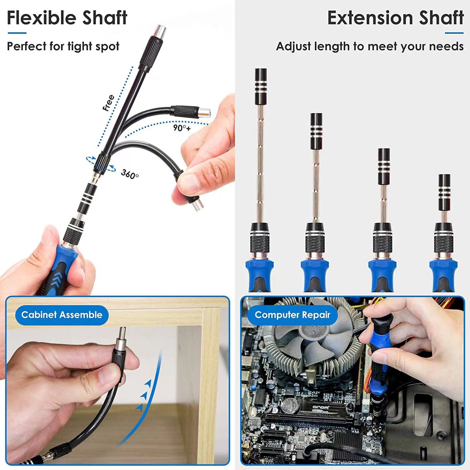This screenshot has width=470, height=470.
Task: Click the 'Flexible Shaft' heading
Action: (x=67, y=18)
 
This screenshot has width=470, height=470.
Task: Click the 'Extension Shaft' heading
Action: (x=395, y=18)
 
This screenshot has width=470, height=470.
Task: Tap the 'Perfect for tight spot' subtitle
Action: (x=63, y=47)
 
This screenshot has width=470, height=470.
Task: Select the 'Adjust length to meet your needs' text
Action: (x=369, y=47)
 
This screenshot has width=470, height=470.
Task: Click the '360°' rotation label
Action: (x=130, y=174)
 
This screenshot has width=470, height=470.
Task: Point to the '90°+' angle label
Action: (x=182, y=128)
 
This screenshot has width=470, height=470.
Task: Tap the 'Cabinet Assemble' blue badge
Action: (x=62, y=315)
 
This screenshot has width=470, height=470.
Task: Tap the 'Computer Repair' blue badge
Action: (x=292, y=315)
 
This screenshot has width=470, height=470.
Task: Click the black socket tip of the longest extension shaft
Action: (x=261, y=86)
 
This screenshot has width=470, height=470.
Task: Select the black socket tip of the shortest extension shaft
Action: (x=444, y=192)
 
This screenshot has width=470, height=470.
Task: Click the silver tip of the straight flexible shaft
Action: (x=160, y=31)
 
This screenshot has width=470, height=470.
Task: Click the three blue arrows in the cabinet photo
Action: (x=143, y=395)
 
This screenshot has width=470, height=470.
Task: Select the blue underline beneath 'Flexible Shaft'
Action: (x=17, y=33)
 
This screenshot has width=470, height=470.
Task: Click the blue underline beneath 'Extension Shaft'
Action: (x=454, y=33)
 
